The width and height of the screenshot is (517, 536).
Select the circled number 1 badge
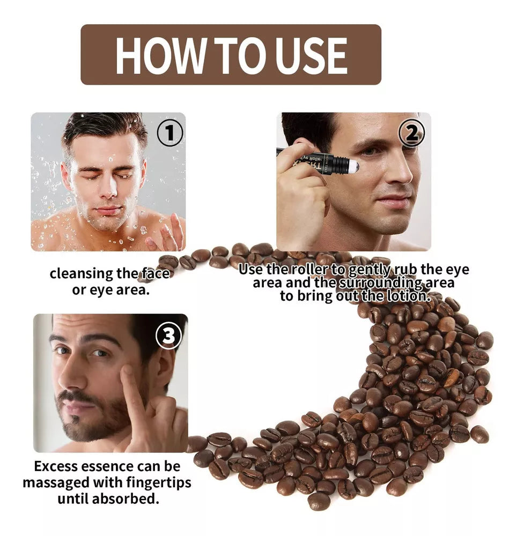170,133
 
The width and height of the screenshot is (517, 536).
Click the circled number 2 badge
412,132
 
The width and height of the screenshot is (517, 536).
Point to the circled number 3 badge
168,336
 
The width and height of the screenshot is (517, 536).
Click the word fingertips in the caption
159,483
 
